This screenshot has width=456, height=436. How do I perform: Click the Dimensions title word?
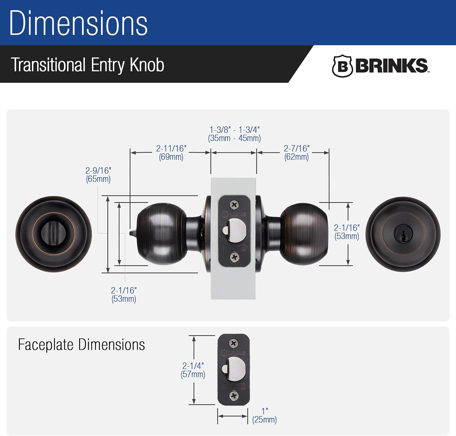78,23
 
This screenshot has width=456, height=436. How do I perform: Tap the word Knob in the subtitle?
147,65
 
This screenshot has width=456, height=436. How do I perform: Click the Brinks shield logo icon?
342,66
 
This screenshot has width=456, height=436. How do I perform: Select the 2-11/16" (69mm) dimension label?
171,153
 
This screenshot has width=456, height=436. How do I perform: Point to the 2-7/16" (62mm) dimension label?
296,153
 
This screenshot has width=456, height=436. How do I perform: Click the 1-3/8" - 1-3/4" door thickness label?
234,134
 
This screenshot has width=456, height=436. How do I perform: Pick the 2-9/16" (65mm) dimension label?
98,175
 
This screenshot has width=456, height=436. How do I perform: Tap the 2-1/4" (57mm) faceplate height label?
193,370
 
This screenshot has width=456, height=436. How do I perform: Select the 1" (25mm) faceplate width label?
264,416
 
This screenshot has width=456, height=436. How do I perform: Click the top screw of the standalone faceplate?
233,344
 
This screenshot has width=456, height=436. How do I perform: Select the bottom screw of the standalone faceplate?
234,396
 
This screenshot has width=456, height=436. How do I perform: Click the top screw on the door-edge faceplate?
234,205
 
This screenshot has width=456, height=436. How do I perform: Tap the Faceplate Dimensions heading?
81,345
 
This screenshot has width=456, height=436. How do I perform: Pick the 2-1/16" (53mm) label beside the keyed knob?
347,232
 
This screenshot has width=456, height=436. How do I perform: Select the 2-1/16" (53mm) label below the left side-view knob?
124,294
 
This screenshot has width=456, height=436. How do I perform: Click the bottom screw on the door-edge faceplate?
234,257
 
